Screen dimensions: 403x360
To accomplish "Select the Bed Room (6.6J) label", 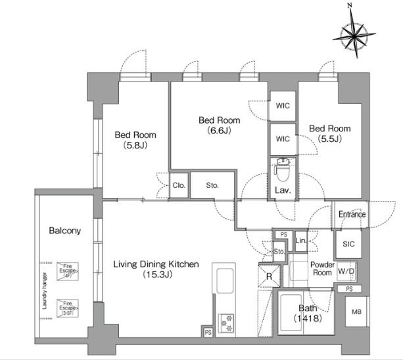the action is (x=219, y=125).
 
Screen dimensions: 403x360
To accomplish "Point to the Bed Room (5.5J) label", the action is (x=329, y=133).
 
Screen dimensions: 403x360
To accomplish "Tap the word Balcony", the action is (x=65, y=231).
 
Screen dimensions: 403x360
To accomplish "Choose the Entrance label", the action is (x=352, y=215).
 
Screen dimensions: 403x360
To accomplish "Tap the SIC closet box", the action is (x=348, y=244).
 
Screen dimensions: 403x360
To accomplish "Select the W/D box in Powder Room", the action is (x=346, y=271).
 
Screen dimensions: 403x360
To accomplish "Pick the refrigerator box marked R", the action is (x=268, y=277).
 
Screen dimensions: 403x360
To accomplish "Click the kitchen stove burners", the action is (x=227, y=322).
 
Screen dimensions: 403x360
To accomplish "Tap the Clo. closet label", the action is (x=179, y=185).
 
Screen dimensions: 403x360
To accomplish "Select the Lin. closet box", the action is (x=301, y=241).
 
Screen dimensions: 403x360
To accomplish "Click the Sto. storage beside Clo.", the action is (x=211, y=185).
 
